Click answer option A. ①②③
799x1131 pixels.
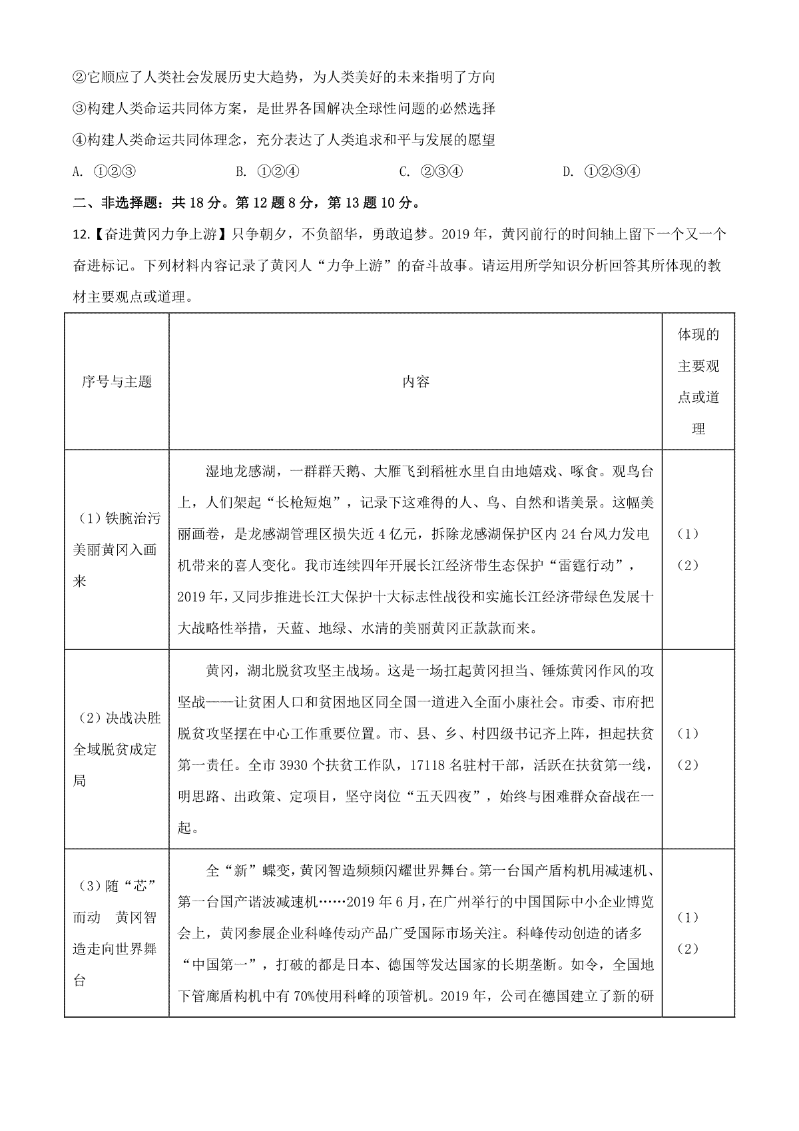104,172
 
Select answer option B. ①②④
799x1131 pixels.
268,172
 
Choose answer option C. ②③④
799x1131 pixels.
431,172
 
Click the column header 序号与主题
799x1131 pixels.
117,382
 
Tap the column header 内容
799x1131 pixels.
415,382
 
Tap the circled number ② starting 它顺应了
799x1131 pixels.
79,77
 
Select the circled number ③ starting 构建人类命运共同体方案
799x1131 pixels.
79,109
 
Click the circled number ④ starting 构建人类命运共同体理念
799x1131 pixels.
79,140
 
